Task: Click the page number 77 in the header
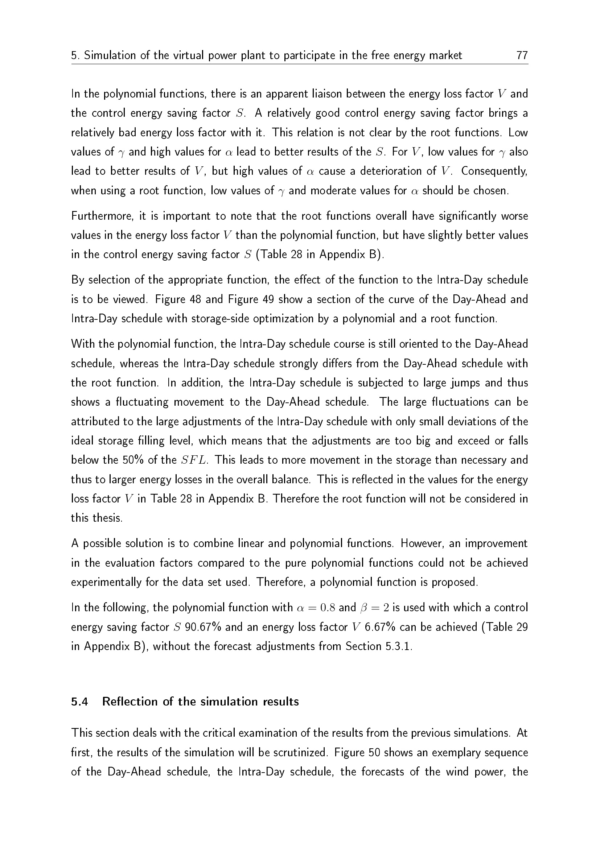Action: (x=522, y=55)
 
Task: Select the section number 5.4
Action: (x=79, y=702)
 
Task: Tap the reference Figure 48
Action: (x=178, y=299)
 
